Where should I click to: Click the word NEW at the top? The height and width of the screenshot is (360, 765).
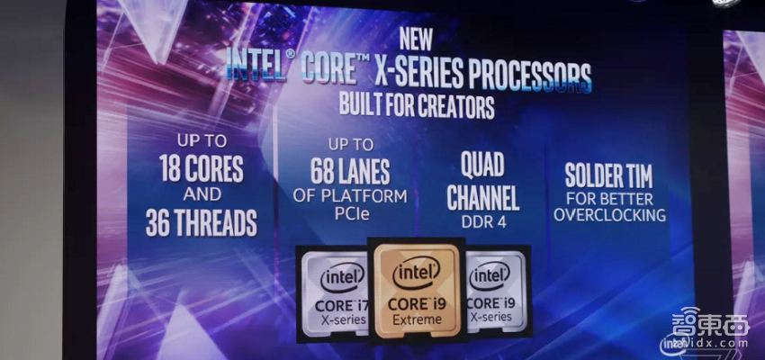point(416,39)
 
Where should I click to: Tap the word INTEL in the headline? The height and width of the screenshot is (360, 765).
point(256,65)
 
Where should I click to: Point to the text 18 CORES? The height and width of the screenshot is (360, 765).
point(202,168)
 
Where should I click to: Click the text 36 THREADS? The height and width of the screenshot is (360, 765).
point(202,223)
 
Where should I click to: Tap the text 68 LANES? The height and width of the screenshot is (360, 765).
point(350,171)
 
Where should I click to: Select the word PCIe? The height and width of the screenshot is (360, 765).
point(352,213)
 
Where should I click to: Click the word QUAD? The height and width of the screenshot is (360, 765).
point(482,165)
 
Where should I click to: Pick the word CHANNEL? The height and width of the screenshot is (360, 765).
point(483,198)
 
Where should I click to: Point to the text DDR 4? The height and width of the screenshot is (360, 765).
point(483,221)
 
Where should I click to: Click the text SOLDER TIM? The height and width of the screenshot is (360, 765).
point(608,175)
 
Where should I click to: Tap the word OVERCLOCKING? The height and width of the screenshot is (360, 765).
point(609,214)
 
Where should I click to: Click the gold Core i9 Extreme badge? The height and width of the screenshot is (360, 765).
point(416,291)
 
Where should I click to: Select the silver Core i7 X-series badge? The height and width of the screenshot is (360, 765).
point(335,293)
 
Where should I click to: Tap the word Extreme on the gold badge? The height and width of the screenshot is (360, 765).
point(416,320)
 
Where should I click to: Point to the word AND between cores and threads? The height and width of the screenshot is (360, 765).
point(202,195)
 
